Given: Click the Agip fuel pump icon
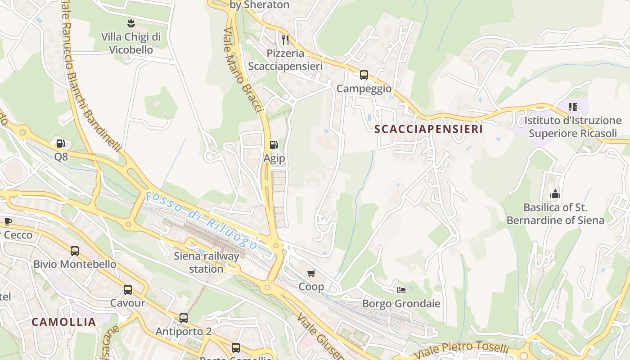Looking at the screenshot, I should coord(273,144).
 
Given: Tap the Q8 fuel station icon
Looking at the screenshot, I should coord(60,144).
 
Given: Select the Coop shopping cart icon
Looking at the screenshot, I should coord(311,273).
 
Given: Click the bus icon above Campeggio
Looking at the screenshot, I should coord(364,75).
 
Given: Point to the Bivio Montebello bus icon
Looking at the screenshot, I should coord(75,251).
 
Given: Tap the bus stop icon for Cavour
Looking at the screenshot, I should coord(128,289).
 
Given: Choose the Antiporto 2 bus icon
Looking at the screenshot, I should coord(184,318).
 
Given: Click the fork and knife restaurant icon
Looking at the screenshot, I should coord(285,40).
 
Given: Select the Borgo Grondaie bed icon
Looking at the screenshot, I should coord(401,290).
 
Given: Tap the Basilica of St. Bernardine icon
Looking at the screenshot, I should coord(555,194).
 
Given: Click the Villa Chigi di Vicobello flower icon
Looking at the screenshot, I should coord(131,23).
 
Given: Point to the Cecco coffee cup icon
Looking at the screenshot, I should coord(8,221).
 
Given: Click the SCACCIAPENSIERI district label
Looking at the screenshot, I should coord(428,129).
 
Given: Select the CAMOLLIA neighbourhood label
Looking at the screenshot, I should coord(64,322).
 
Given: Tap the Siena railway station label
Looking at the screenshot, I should coord(207,262).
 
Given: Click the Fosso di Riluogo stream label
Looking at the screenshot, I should coord(201,220).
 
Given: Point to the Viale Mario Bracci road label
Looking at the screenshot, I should coord(243,70).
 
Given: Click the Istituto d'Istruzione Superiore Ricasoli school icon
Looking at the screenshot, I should coord(572,107).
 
